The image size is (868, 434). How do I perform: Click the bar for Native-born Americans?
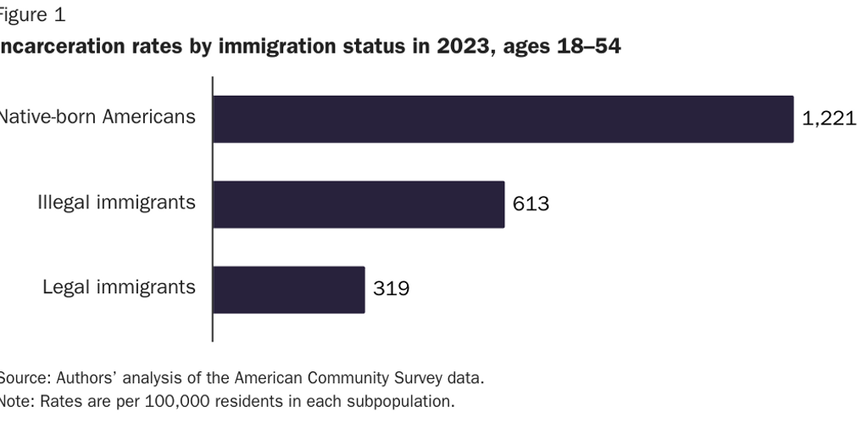[503, 119]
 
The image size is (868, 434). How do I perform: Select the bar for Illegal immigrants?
[359, 204]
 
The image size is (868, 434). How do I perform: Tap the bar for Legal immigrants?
[288, 290]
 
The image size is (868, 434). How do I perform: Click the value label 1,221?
[829, 119]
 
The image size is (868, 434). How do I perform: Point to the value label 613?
[531, 204]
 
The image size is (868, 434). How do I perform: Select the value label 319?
[392, 290]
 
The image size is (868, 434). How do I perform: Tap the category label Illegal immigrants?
[116, 203]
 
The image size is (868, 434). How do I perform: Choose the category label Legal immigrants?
[119, 287]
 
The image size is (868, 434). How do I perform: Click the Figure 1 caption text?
[31, 14]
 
